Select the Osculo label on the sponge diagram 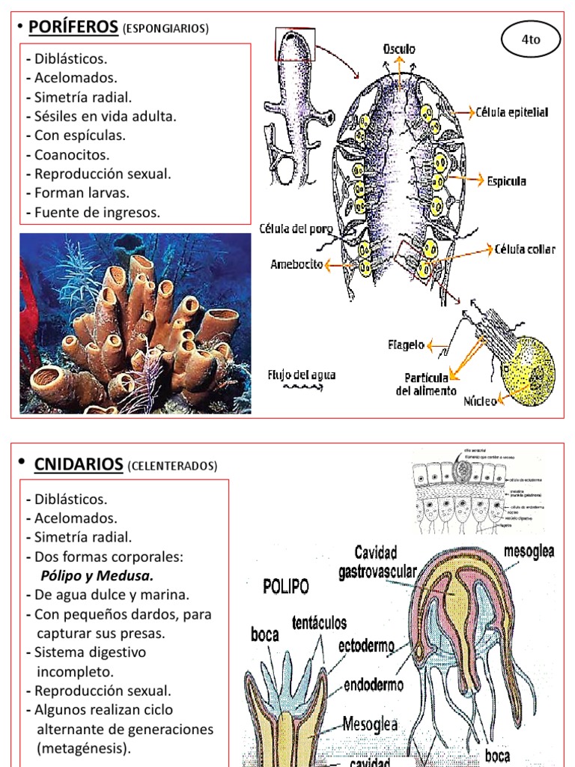400,49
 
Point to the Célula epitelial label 512,113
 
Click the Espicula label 507,181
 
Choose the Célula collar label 525,249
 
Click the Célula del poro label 297,228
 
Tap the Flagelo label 407,345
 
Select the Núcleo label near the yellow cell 480,401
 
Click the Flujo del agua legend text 302,375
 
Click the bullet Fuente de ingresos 97,213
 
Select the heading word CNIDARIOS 79,464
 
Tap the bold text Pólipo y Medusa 97,576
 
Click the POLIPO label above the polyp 286,586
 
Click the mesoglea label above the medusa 529,552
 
